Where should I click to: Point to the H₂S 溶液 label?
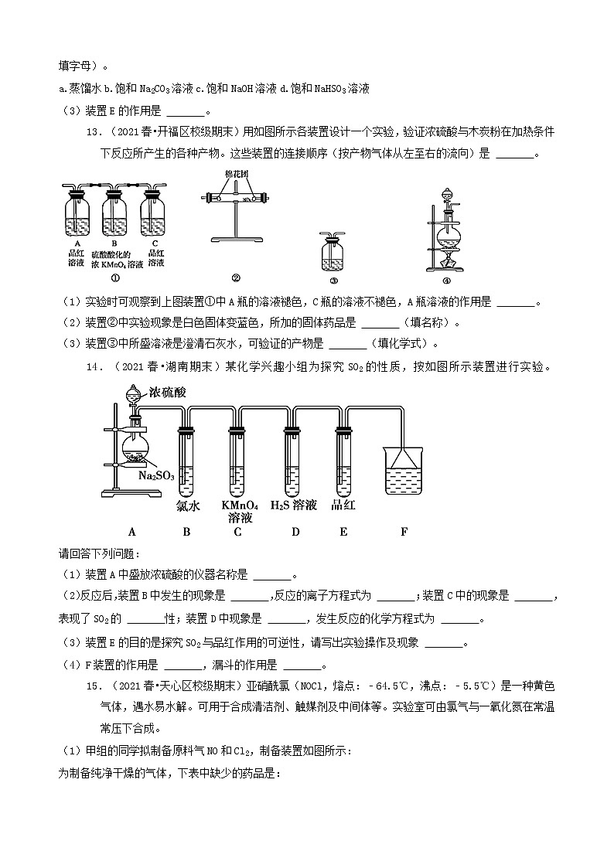coord(294,505)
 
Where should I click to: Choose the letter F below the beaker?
coord(403,532)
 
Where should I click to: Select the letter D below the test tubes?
coord(295,532)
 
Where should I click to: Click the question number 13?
coord(94,131)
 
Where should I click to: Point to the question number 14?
coord(94,367)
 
